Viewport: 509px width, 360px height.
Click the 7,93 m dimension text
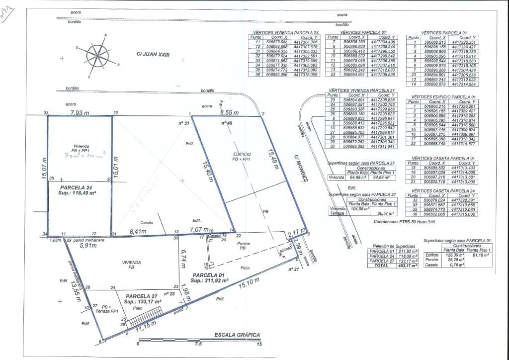coord(80,113)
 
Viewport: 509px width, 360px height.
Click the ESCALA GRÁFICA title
coord(237,335)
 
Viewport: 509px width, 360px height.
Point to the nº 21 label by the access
coord(293,269)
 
